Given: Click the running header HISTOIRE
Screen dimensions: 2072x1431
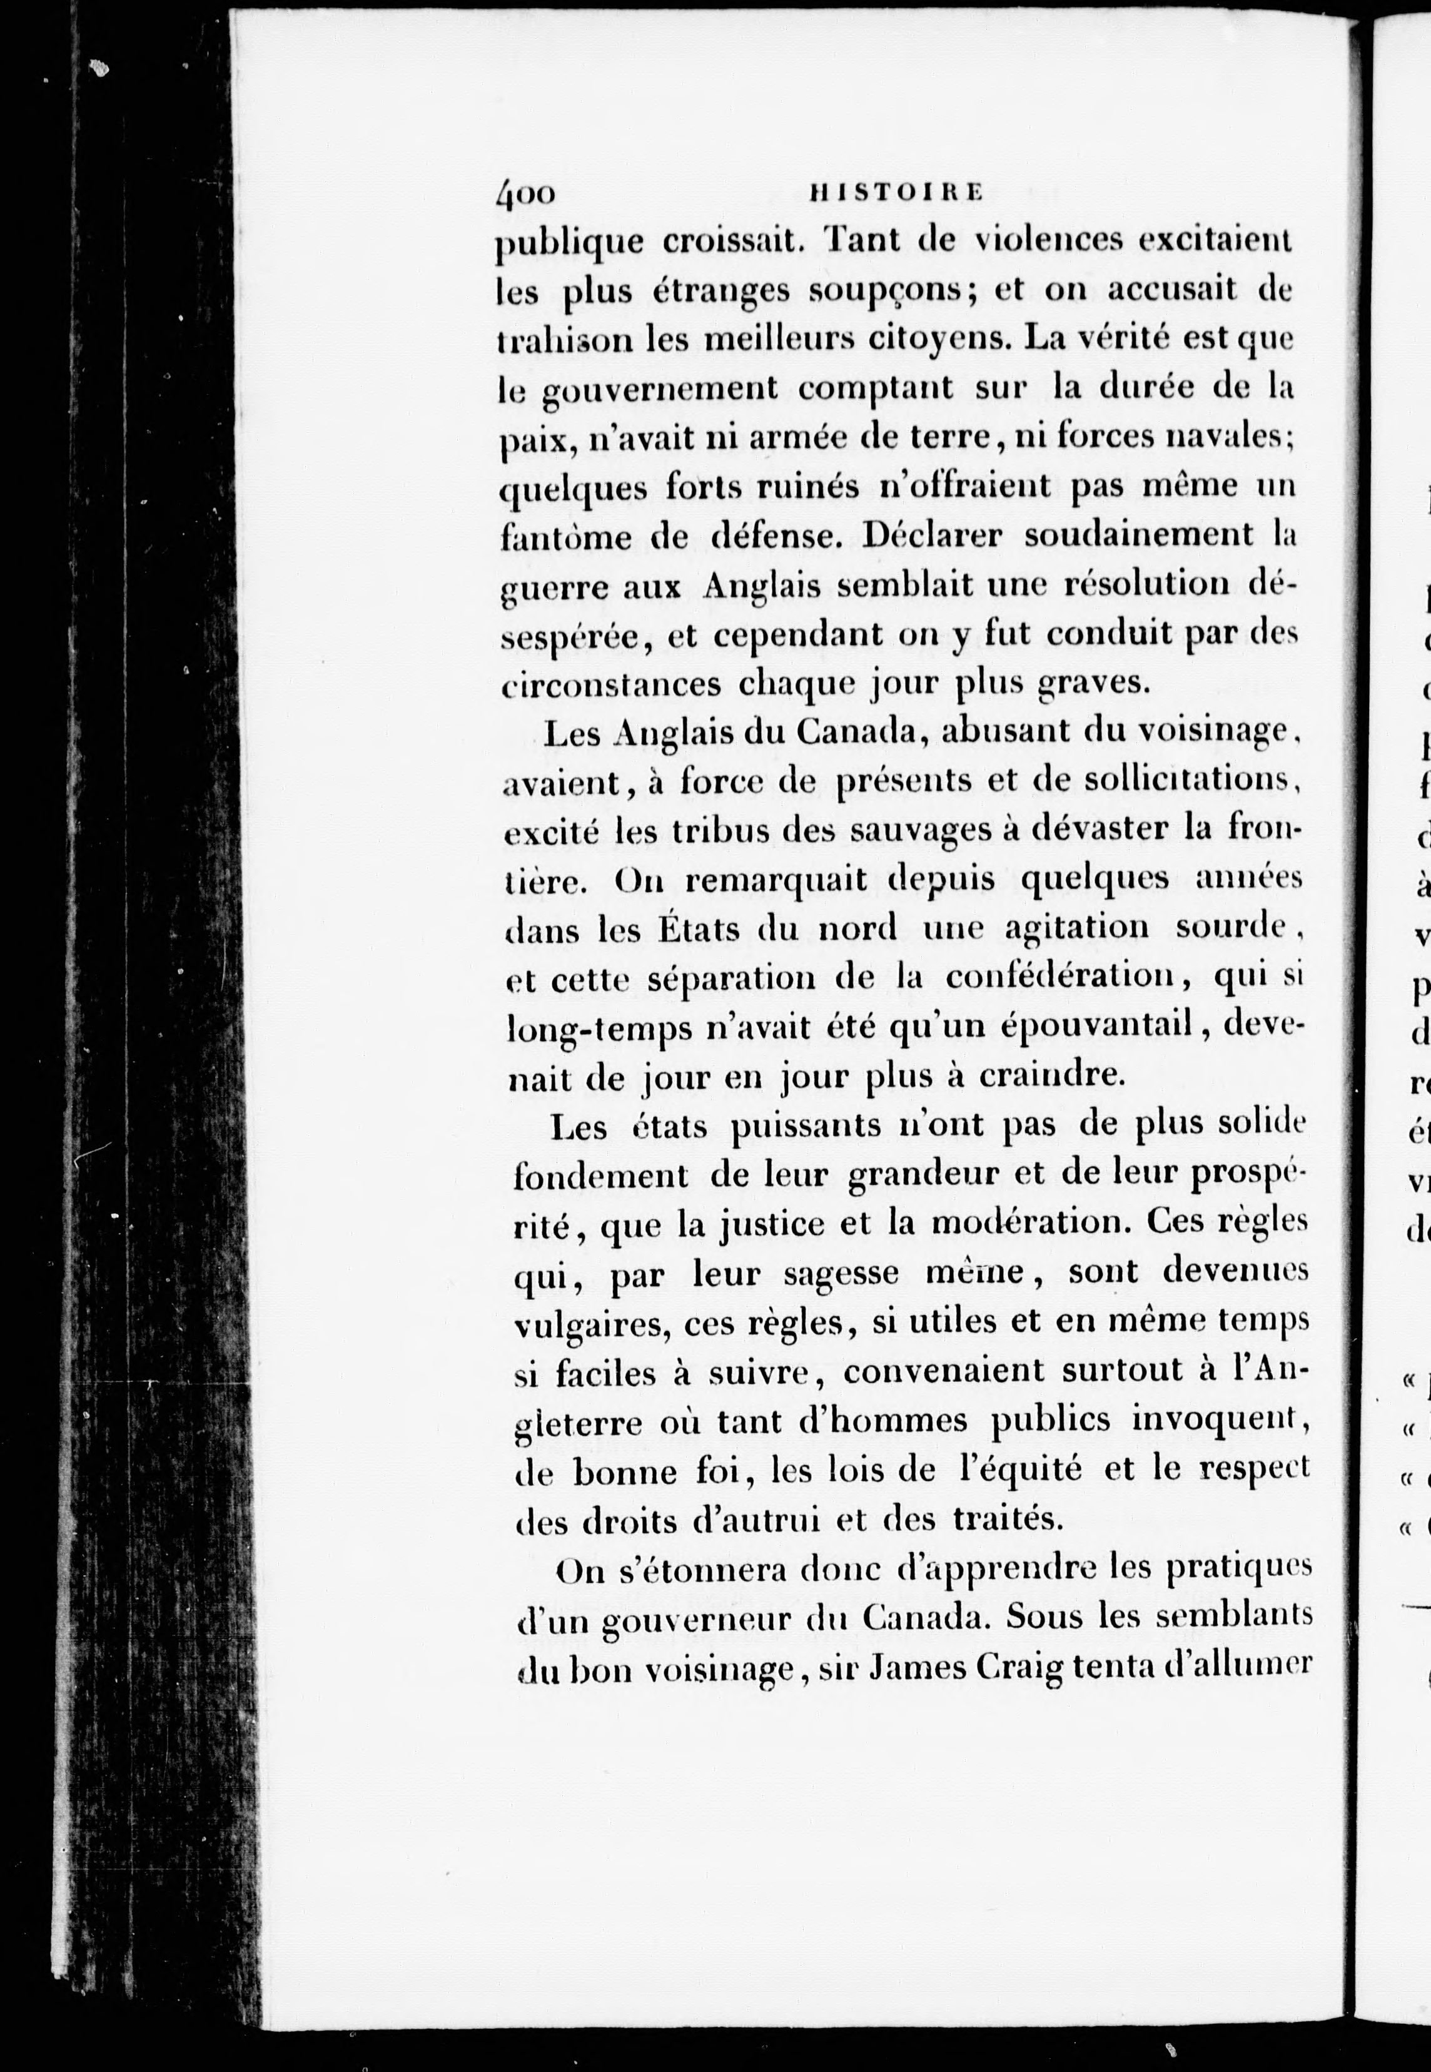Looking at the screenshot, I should (x=896, y=190).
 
